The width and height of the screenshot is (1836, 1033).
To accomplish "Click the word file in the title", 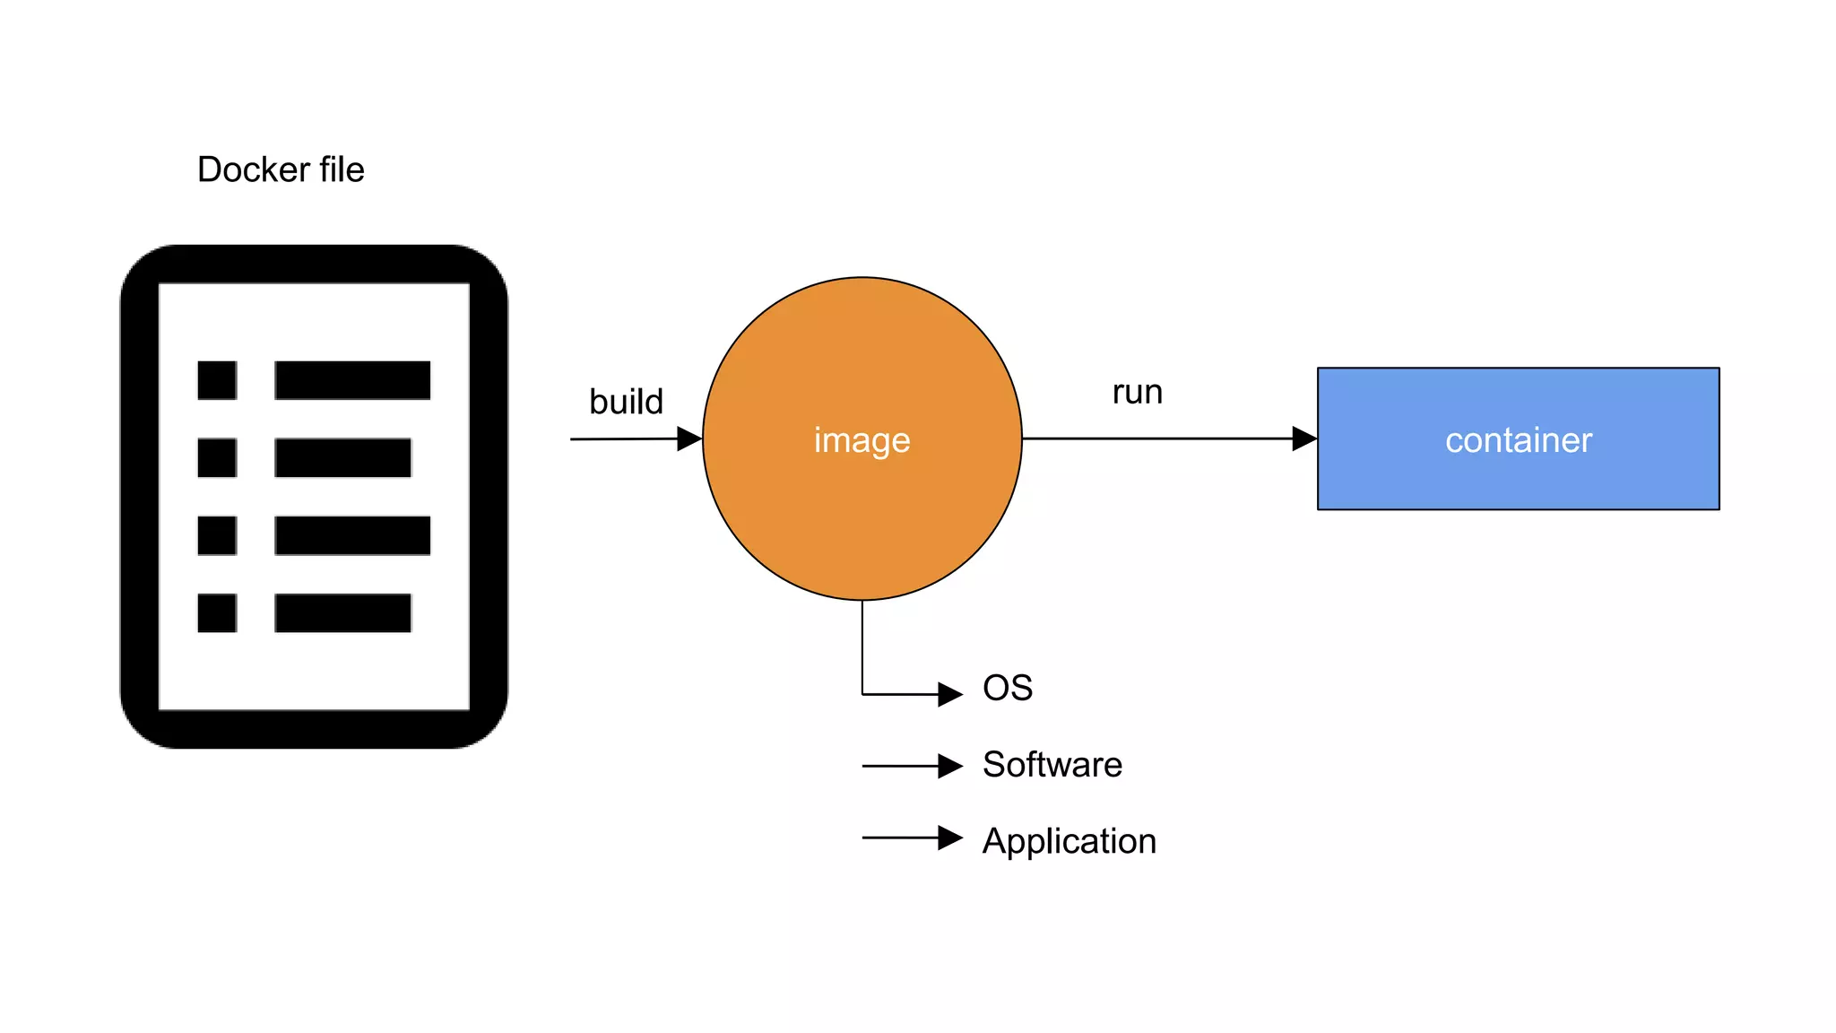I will (342, 169).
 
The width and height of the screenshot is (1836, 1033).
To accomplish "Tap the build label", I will (626, 402).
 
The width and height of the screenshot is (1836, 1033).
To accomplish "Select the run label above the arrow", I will (1137, 393).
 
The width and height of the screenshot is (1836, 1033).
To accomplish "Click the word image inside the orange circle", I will (862, 440).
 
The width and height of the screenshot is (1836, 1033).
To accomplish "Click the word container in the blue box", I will (1518, 440).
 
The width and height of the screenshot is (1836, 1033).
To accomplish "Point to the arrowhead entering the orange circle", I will (688, 438).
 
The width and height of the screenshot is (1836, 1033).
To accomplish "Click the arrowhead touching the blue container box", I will (1303, 438).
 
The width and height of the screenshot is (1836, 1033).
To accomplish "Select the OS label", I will (1007, 688).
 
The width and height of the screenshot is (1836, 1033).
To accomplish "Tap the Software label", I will (1052, 765).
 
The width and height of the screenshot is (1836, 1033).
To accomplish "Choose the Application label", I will (1069, 841).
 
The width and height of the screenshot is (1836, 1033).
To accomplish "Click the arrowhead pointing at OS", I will (949, 694).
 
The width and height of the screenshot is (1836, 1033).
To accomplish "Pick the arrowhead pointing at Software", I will (949, 766).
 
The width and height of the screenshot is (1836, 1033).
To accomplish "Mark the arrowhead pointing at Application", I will (949, 838).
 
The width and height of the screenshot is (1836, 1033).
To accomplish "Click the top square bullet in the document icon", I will (217, 380).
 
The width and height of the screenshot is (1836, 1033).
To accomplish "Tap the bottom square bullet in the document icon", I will (217, 612).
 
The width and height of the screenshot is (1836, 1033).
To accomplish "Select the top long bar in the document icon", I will (352, 380).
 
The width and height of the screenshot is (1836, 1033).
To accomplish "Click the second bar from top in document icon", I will (342, 457).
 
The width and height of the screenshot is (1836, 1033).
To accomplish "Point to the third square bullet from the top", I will (217, 535).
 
